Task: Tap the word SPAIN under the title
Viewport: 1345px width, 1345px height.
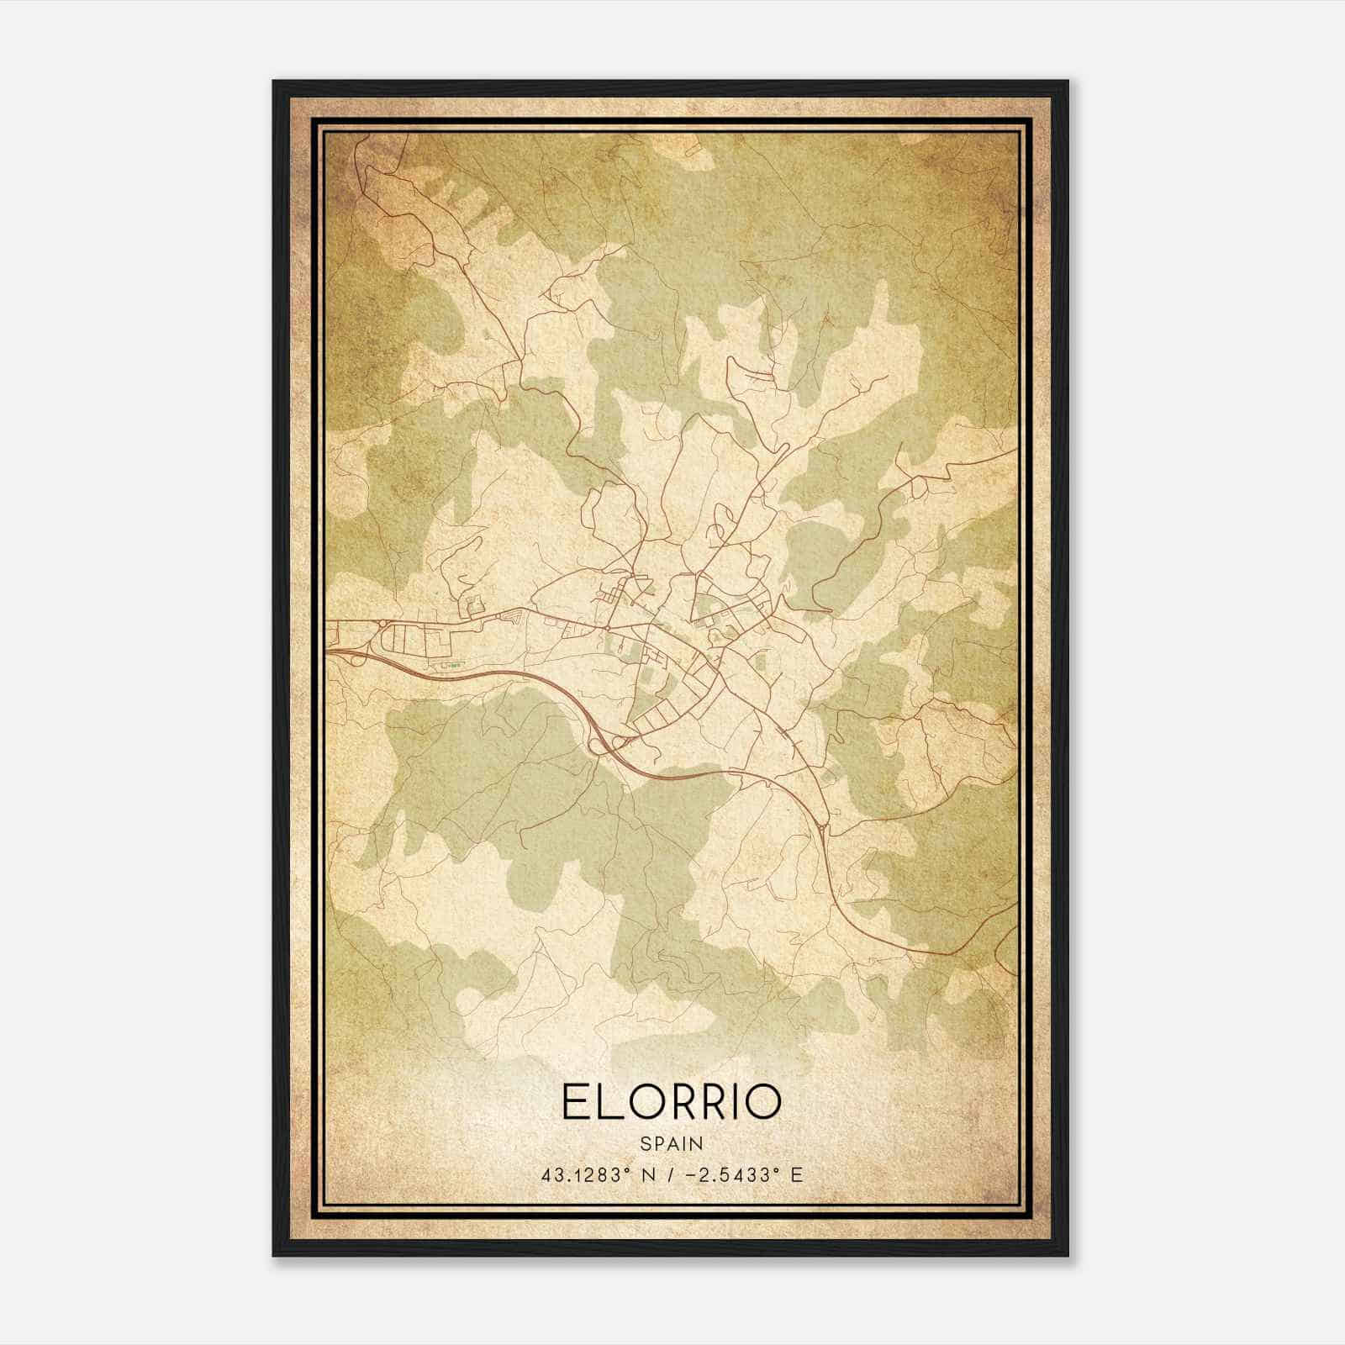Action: click(672, 1143)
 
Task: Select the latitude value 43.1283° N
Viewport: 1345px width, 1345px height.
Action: click(598, 1175)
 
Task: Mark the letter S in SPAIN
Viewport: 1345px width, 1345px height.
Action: click(645, 1143)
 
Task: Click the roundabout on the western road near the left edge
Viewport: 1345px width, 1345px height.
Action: click(382, 623)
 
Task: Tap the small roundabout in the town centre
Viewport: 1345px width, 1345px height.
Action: click(606, 627)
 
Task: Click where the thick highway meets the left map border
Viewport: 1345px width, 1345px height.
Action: click(328, 649)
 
